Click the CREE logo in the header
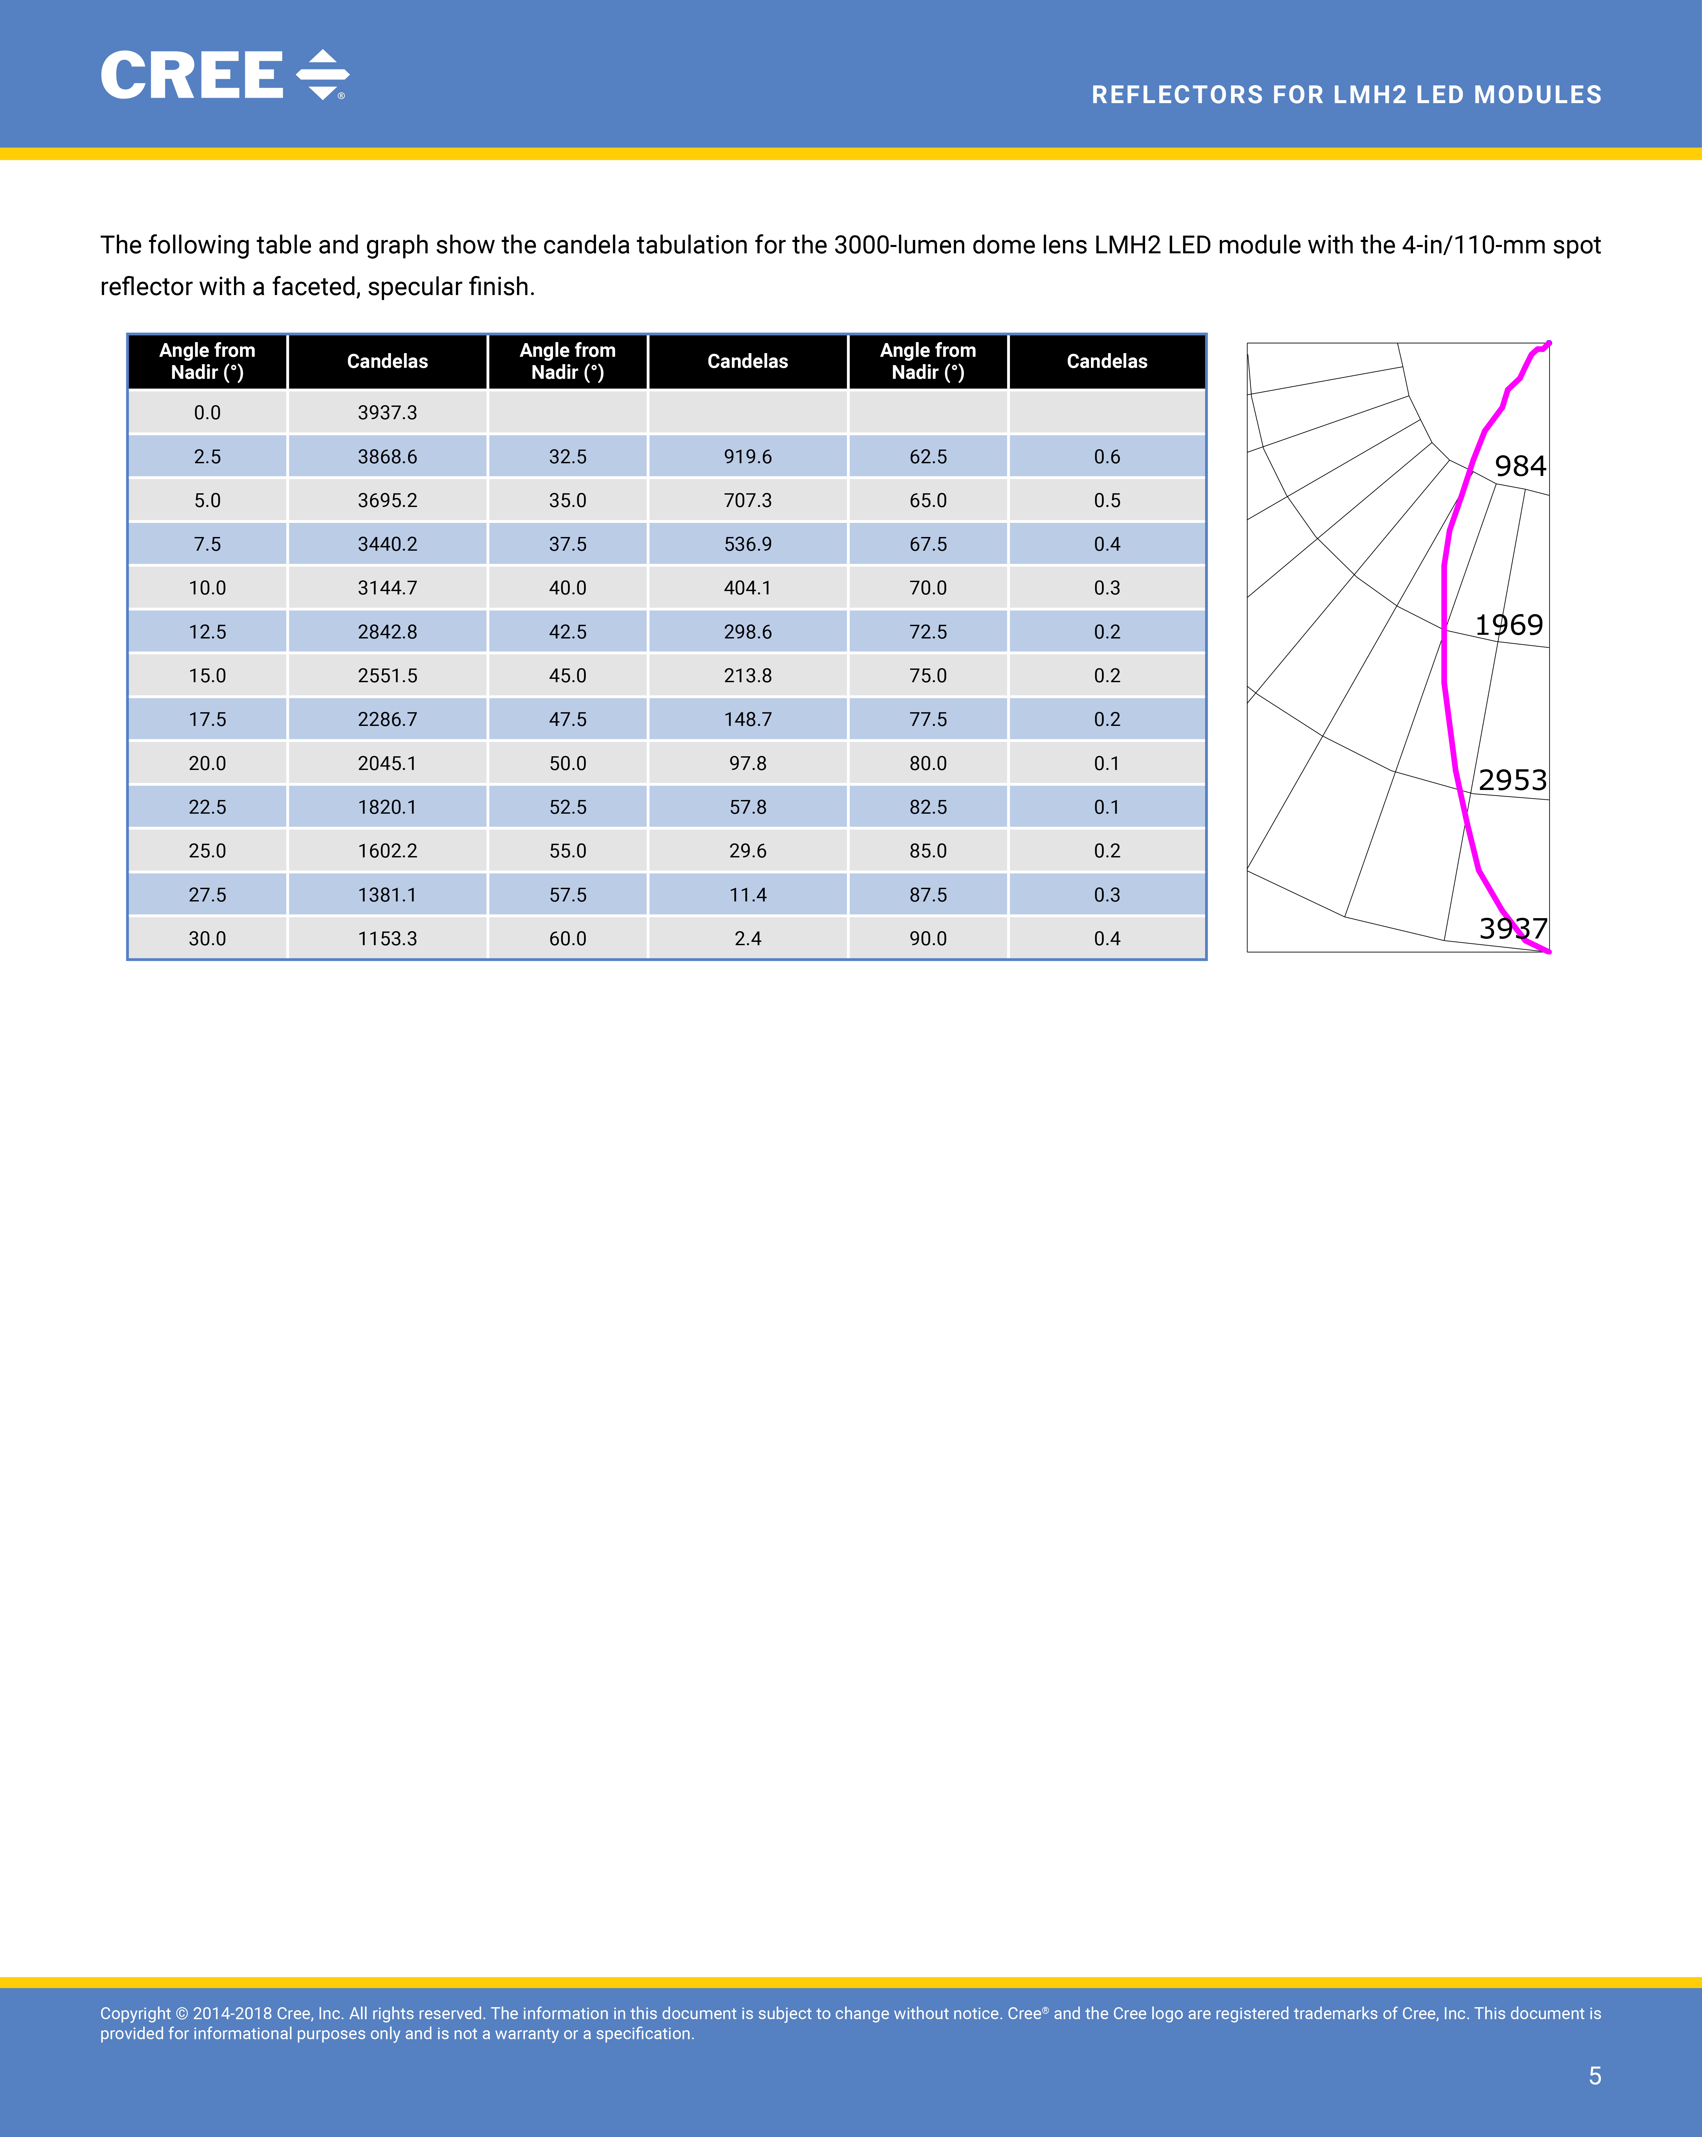[x=224, y=75]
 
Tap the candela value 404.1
[x=748, y=588]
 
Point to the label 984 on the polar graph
[x=1519, y=466]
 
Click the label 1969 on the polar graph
[x=1509, y=624]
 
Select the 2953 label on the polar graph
[x=1513, y=780]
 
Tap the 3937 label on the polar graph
[x=1513, y=929]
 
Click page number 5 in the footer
[x=1594, y=2076]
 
